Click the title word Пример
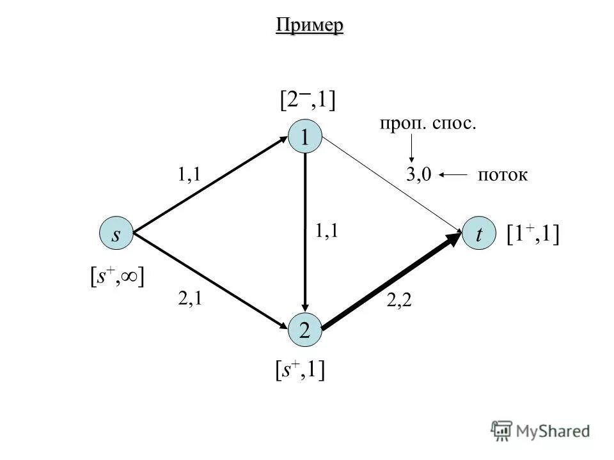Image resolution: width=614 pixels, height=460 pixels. [310, 26]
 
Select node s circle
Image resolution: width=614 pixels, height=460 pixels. [116, 234]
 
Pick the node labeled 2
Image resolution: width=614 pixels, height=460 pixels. [306, 330]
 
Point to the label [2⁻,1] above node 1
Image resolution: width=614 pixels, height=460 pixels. [308, 100]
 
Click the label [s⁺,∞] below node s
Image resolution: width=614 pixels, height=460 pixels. [116, 277]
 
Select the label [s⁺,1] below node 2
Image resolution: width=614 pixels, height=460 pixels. [297, 370]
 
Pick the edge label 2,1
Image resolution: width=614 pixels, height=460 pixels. [189, 298]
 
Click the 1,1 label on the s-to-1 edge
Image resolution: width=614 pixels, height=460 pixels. [189, 175]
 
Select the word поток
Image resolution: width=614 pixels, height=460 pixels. [503, 175]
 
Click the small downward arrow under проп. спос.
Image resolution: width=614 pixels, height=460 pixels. [411, 149]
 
